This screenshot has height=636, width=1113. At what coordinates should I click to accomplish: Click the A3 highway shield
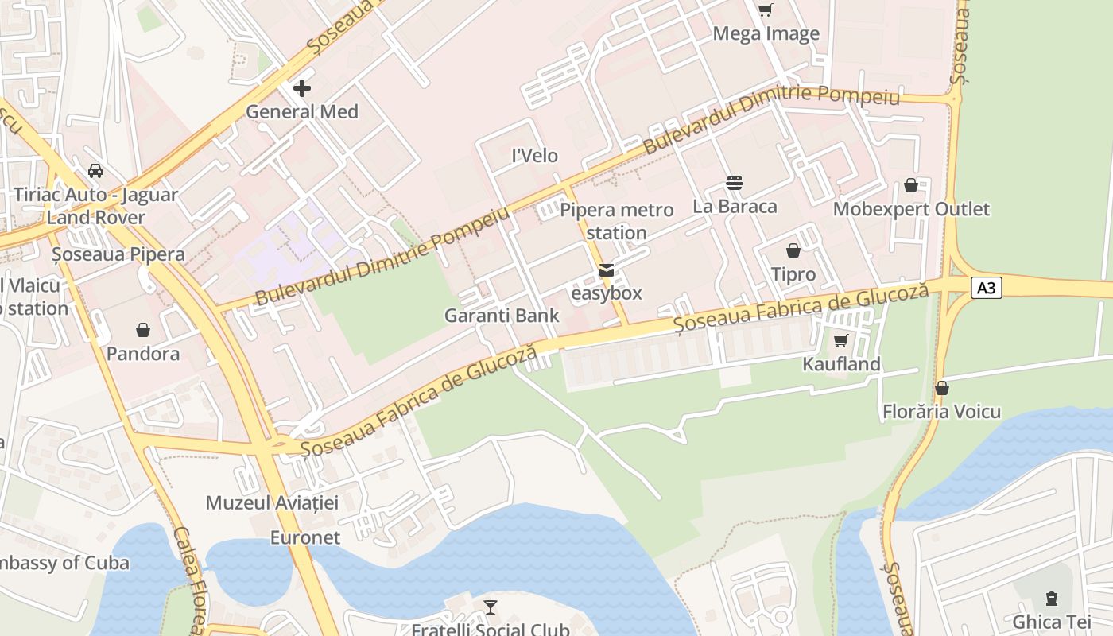pos(986,288)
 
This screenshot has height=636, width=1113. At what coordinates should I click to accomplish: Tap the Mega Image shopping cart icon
pos(765,10)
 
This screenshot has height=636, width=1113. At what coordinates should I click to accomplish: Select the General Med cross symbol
pos(302,87)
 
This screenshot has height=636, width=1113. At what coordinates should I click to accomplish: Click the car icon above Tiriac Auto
pos(95,171)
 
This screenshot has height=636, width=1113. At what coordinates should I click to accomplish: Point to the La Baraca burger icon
pos(735,184)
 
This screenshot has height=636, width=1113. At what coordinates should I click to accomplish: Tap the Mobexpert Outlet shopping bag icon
pos(911,186)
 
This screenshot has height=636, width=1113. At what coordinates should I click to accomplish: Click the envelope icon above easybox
pos(607,270)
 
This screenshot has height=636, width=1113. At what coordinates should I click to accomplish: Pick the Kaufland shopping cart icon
pos(841,341)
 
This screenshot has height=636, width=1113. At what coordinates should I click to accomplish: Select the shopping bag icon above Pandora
pos(143,330)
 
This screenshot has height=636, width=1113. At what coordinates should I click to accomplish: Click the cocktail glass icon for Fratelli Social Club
pos(491,607)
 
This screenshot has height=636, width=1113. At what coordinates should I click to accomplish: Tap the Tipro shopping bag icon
pos(793,251)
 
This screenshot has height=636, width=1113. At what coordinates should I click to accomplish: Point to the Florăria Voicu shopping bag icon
pos(942,389)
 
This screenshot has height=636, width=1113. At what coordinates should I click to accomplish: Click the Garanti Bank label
pos(502,316)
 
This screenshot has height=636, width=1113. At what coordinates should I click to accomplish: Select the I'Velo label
pos(535,156)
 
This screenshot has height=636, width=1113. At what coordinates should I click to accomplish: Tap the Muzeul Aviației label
pos(272,502)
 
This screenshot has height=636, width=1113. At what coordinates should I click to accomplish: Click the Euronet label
pos(305,537)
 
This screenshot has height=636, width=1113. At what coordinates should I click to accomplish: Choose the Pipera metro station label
pos(617,221)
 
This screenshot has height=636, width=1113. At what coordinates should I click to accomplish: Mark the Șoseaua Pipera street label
pos(118,254)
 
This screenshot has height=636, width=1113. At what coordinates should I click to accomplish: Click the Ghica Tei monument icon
pos(1052,598)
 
